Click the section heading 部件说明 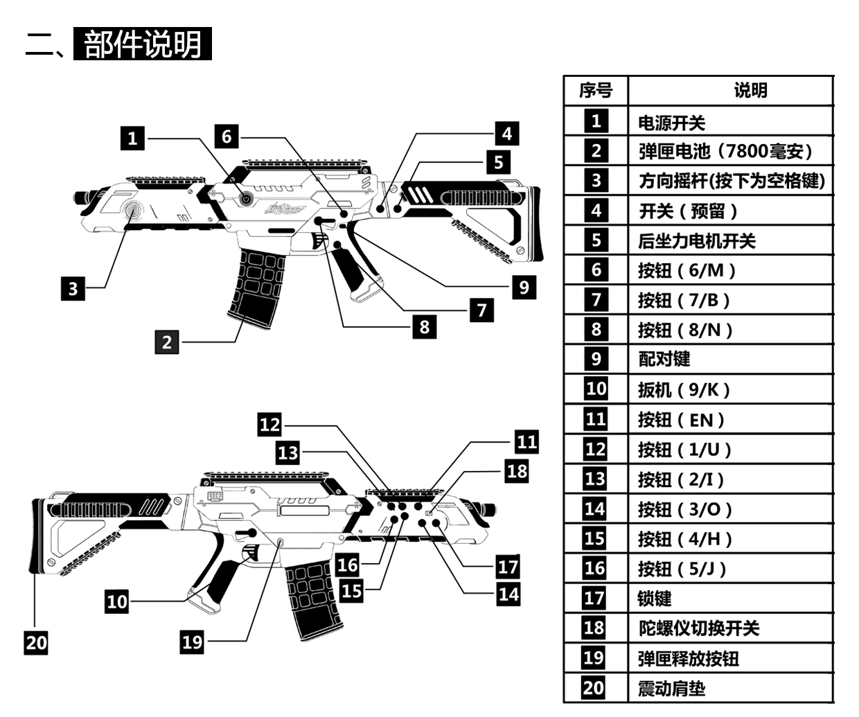coord(142,44)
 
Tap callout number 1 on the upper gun coord(132,138)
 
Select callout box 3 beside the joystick coord(73,287)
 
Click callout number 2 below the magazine coord(167,342)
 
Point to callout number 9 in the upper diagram coord(524,287)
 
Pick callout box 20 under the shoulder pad coord(36,642)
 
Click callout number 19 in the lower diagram coord(192,641)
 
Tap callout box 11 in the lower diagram coord(526,441)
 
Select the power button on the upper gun coord(245,199)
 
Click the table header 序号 coord(596,91)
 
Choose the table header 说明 coord(750,91)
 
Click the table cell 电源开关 coord(671,123)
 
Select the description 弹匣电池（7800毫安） coord(725,151)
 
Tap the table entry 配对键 coord(664,359)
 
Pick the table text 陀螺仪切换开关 coord(698,628)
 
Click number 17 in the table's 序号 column coord(594,598)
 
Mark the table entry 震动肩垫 coord(671,689)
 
